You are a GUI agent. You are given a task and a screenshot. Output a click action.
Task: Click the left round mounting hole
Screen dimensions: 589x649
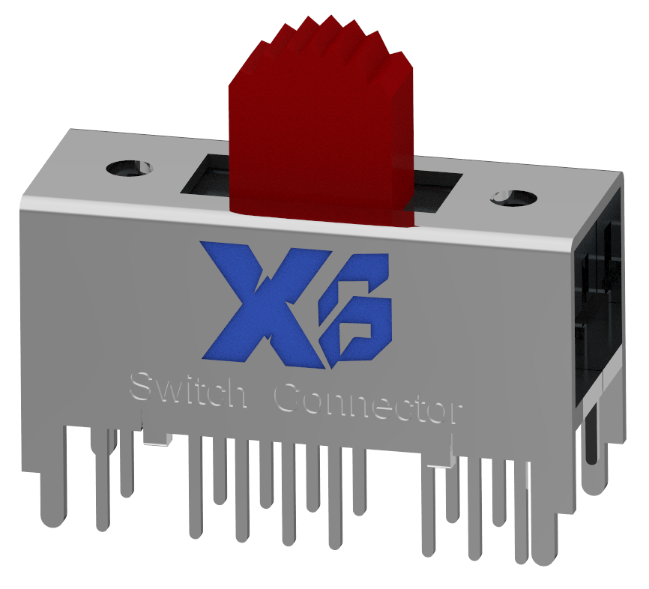pyautogui.click(x=129, y=167)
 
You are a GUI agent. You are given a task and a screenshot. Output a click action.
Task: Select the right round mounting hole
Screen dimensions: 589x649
pyautogui.click(x=513, y=199)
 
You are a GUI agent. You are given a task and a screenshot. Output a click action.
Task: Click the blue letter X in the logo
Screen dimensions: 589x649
pyautogui.click(x=255, y=303)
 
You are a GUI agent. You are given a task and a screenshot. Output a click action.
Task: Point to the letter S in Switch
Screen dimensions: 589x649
pyautogui.click(x=141, y=387)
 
